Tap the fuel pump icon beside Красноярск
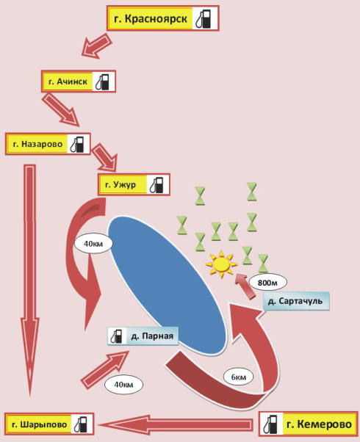click(204, 18)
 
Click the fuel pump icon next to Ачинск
click(103, 81)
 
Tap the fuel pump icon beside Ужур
click(157, 185)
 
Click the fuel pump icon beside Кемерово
click(270, 424)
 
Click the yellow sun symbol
click(221, 264)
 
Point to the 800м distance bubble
click(267, 282)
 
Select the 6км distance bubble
click(238, 377)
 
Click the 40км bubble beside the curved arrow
click(93, 243)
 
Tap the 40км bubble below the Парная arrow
click(123, 384)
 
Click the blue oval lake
click(167, 285)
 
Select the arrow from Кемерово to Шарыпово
click(174, 424)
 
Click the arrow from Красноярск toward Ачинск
click(97, 46)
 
